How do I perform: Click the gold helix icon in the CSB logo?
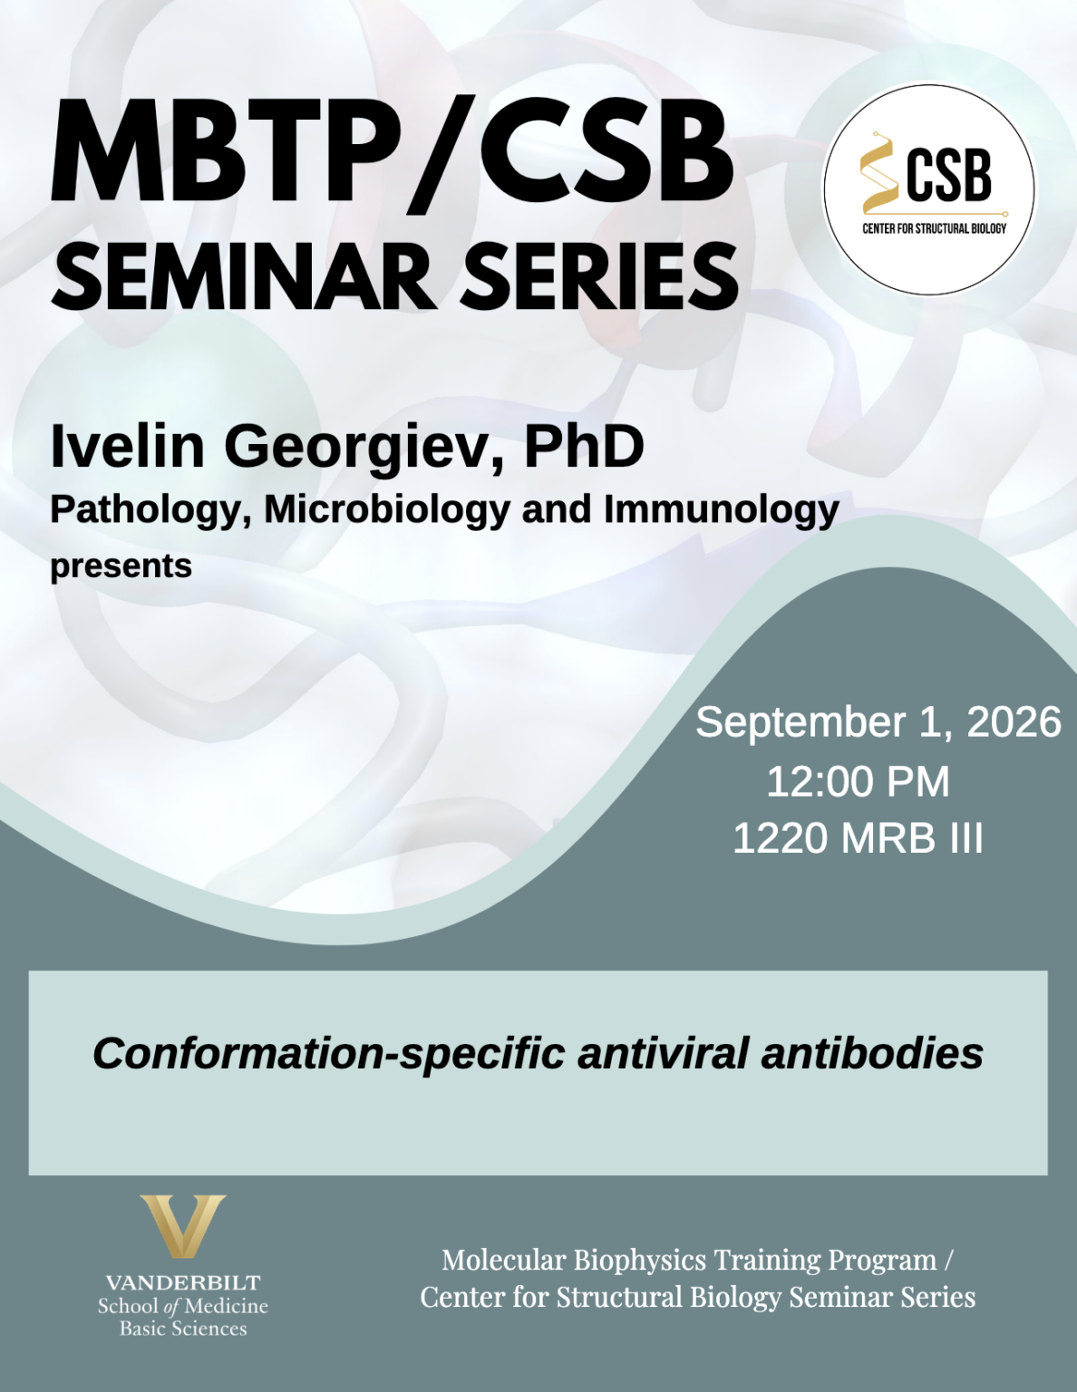click(879, 173)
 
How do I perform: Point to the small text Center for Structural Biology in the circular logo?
click(934, 228)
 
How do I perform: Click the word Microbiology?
click(387, 510)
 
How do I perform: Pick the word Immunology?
click(721, 510)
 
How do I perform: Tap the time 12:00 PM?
click(858, 781)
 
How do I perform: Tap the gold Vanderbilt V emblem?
click(183, 1226)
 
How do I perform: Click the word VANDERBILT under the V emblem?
click(183, 1283)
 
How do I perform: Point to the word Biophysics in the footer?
click(639, 1261)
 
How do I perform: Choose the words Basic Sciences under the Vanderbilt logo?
click(183, 1329)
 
